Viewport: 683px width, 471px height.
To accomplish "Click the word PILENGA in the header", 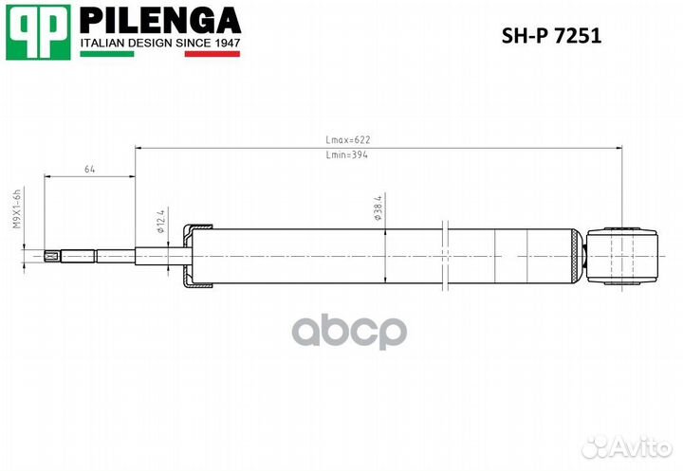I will click(158, 20).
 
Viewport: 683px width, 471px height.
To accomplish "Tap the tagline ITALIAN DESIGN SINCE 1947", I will click(158, 42).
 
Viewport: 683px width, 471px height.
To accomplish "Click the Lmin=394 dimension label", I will click(346, 154).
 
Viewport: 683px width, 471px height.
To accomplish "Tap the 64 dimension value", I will click(90, 169).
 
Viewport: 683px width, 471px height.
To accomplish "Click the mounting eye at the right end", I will click(623, 253).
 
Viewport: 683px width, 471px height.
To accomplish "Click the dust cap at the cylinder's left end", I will click(197, 254).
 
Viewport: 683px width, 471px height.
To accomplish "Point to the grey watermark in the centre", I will click(348, 332).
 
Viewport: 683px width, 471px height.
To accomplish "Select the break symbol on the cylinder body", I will click(443, 254).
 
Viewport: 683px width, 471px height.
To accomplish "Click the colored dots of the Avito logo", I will click(597, 445).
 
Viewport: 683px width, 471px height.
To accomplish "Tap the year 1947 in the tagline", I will click(225, 42).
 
